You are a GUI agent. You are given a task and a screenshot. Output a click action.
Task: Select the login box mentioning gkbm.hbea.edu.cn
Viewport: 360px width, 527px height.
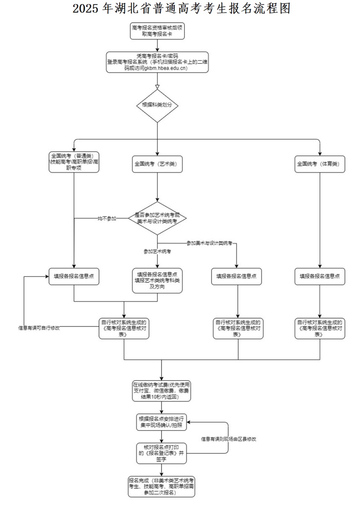(x=157, y=62)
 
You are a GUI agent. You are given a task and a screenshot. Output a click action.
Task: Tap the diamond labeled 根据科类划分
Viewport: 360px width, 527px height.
(x=157, y=105)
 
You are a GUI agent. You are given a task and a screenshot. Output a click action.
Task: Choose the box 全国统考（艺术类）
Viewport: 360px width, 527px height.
(x=157, y=164)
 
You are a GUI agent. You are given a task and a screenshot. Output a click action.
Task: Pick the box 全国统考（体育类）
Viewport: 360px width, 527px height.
(x=319, y=164)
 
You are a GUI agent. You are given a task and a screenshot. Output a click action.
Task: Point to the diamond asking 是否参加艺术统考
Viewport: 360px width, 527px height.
(x=157, y=219)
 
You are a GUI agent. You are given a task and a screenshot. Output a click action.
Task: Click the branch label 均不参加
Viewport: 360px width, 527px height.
(x=107, y=219)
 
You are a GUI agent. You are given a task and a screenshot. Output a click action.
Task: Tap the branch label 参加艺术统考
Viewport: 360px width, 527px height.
(x=157, y=251)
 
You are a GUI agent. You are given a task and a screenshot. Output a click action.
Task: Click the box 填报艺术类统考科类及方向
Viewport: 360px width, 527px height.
(x=157, y=281)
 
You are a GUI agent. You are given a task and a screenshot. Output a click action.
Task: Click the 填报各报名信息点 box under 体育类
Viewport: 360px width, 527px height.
(x=319, y=276)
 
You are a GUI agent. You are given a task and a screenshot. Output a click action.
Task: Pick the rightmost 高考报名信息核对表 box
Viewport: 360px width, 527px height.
(x=319, y=328)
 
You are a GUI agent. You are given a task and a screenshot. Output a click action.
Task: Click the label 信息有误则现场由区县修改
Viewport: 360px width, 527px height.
(x=229, y=438)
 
